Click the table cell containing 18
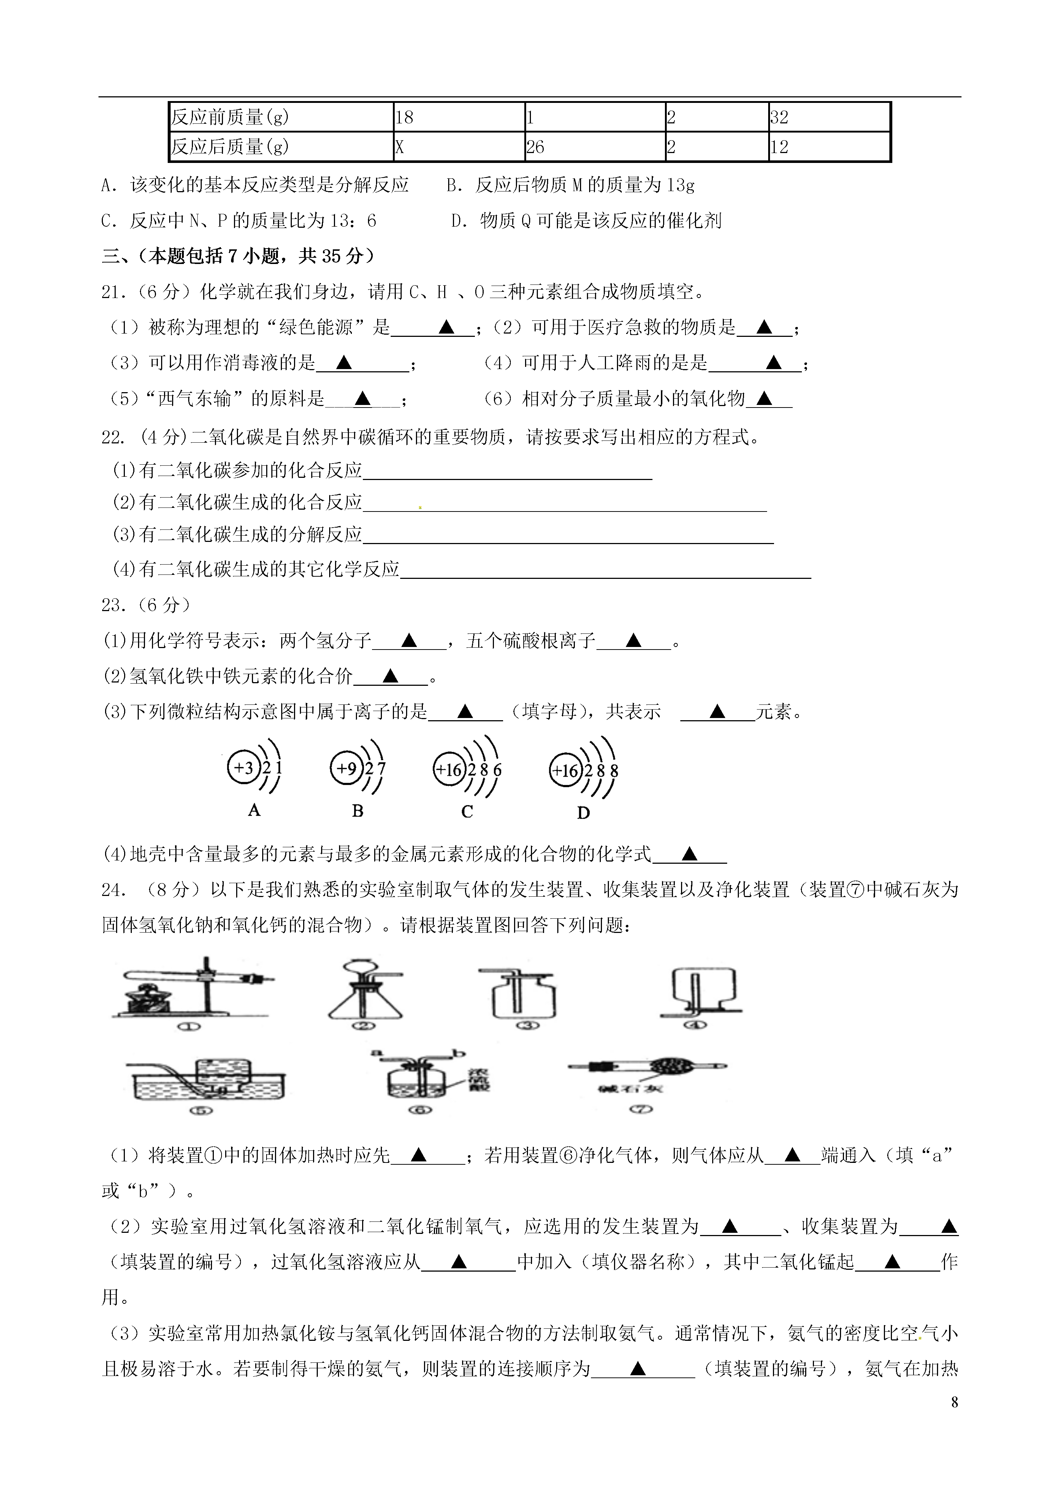pyautogui.click(x=458, y=118)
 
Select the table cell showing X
pyautogui.click(x=458, y=147)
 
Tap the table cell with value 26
pyautogui.click(x=594, y=147)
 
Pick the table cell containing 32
pyautogui.click(x=829, y=118)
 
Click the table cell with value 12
pyautogui.click(x=829, y=147)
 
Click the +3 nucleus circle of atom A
pyautogui.click(x=243, y=768)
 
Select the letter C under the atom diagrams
pyautogui.click(x=467, y=812)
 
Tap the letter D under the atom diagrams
pyautogui.click(x=584, y=813)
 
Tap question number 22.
pyautogui.click(x=112, y=438)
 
